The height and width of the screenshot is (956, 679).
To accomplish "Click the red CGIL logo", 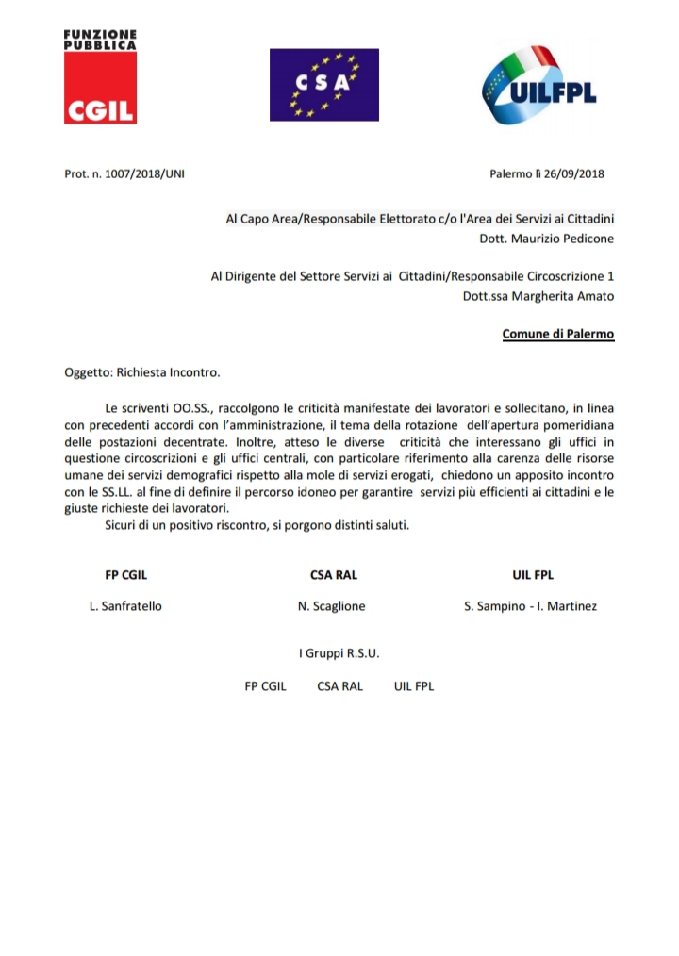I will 100,89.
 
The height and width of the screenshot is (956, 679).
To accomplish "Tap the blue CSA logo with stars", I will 323,85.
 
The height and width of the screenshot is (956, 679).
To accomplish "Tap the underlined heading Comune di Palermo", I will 557,335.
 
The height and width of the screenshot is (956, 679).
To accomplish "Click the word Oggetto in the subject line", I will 86,372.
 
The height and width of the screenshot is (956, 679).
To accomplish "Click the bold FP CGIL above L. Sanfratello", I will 125,575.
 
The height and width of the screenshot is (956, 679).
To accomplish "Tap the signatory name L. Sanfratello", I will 125,606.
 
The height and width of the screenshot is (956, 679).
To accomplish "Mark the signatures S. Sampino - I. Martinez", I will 530,606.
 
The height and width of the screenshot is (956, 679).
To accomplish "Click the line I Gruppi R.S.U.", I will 339,652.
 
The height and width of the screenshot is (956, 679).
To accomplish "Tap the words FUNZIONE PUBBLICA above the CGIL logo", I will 100,39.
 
